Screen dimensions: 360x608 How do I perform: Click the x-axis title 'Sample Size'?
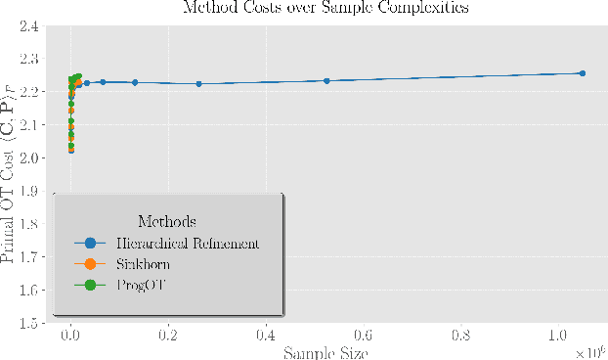point(326,352)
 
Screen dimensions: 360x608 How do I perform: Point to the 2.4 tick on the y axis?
point(27,25)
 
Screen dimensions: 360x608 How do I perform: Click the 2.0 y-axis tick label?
point(27,157)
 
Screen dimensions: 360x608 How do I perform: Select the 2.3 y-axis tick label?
point(27,59)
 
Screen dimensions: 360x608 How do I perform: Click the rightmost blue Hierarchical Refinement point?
point(582,73)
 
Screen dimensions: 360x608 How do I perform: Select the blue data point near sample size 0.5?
point(326,80)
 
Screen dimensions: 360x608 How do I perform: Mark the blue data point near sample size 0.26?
point(198,83)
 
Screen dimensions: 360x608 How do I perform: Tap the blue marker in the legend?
point(91,242)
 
